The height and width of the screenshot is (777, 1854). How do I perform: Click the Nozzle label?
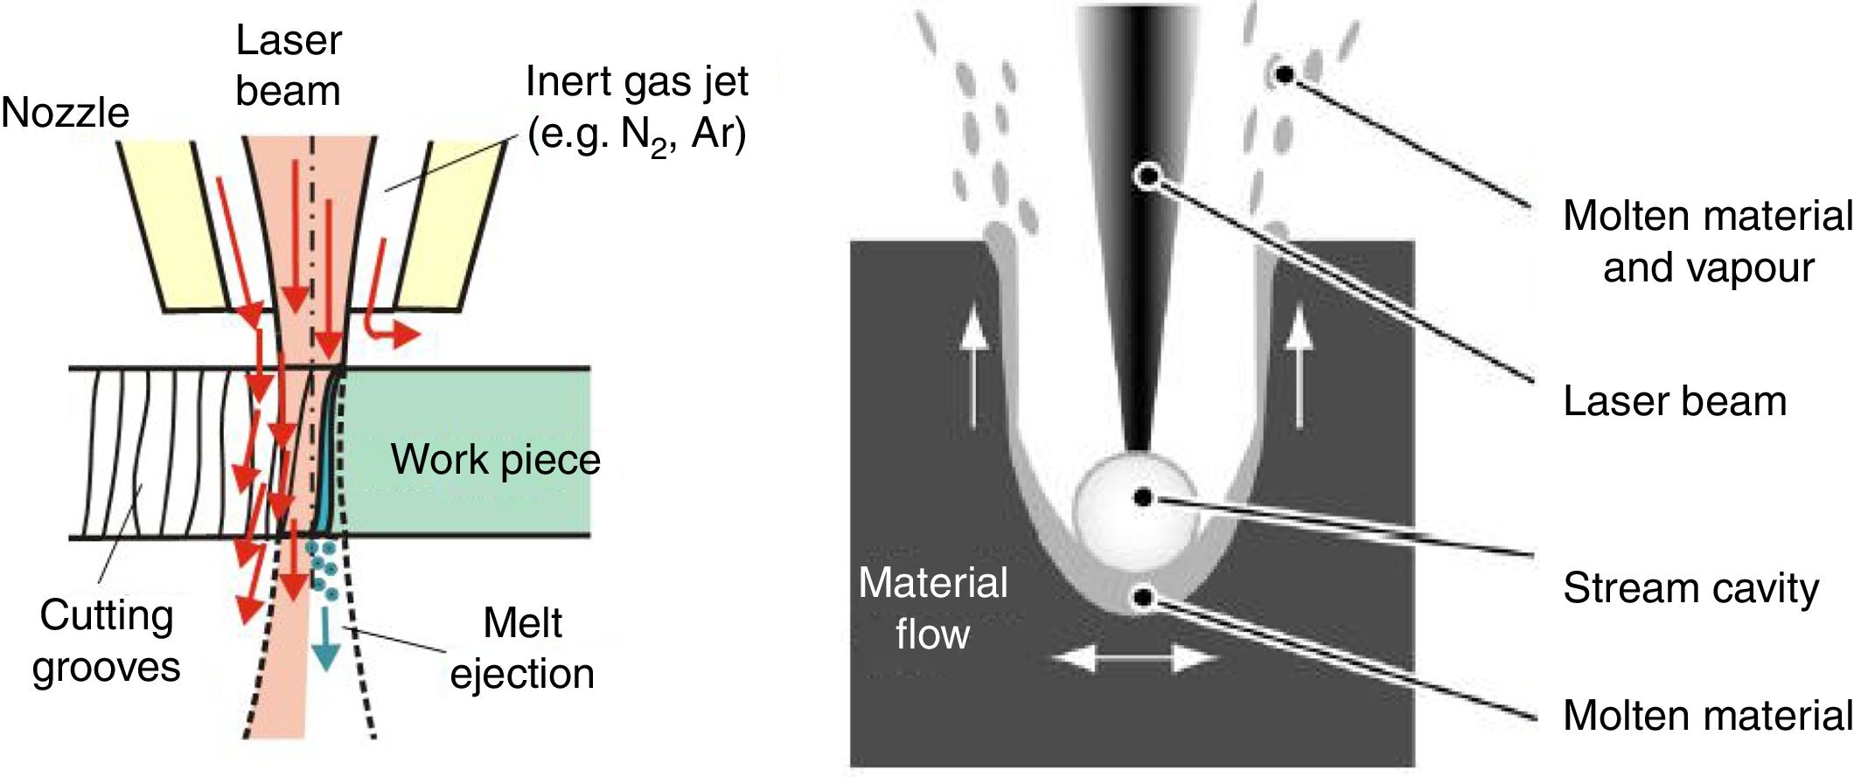65,113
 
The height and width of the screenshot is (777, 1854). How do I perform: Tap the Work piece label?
495,460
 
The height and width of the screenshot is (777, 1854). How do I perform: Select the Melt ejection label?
522,649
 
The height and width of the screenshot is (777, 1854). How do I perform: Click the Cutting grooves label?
106,641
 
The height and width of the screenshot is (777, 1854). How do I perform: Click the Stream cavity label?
1690,587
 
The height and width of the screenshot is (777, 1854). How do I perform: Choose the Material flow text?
932,608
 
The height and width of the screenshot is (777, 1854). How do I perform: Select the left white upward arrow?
973,366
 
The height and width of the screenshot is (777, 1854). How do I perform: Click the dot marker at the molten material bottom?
1144,599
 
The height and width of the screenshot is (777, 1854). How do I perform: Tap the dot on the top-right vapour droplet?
1284,74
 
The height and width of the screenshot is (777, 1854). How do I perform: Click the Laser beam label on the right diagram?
1675,401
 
